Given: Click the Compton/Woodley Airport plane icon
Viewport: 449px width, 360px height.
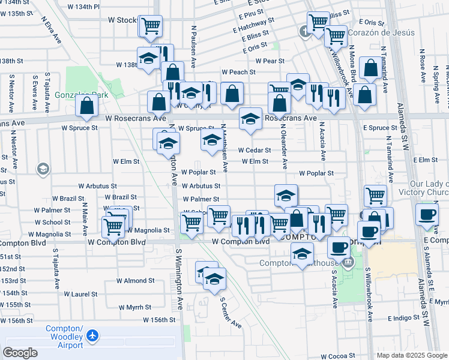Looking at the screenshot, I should click(x=92, y=336).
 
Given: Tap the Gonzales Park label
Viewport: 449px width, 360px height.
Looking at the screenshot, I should click(x=81, y=95).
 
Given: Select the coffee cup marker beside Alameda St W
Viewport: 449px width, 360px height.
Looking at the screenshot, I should click(x=427, y=214).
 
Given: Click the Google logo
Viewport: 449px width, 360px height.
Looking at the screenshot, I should click(x=20, y=353).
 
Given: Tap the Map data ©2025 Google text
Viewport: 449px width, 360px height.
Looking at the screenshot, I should click(x=411, y=355).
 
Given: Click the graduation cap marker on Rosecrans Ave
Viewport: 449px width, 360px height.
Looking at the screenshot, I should click(x=250, y=118).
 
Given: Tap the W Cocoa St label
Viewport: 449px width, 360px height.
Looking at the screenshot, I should click(x=339, y=356).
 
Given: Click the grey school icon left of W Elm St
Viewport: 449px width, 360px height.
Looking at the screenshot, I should click(x=43, y=170).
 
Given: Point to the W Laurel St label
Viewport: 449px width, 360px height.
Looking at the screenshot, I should click(x=80, y=294).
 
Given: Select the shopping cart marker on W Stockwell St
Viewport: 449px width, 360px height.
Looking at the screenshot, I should click(x=151, y=26).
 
